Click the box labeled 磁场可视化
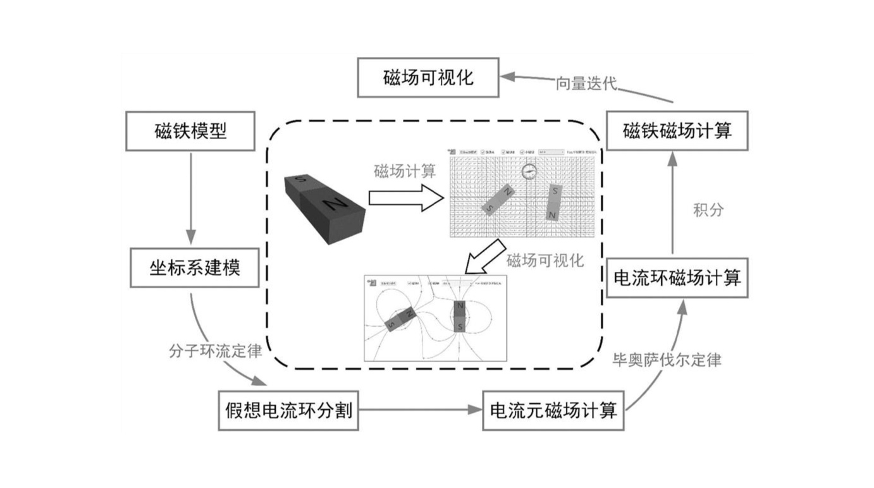pyautogui.click(x=428, y=78)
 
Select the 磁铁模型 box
pyautogui.click(x=190, y=131)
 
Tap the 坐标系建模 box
pyautogui.click(x=195, y=267)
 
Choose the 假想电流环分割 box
pyautogui.click(x=288, y=412)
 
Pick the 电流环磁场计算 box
pyautogui.click(x=677, y=277)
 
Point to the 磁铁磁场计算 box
pyautogui.click(x=677, y=131)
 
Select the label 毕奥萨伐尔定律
pyautogui.click(x=667, y=360)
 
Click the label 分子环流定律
pyautogui.click(x=215, y=351)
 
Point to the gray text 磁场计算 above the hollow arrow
pyautogui.click(x=405, y=171)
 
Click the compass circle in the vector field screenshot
pyautogui.click(x=529, y=171)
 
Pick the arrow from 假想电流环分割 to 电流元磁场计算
pyautogui.click(x=420, y=411)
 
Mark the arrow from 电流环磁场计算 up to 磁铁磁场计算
pyautogui.click(x=672, y=202)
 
